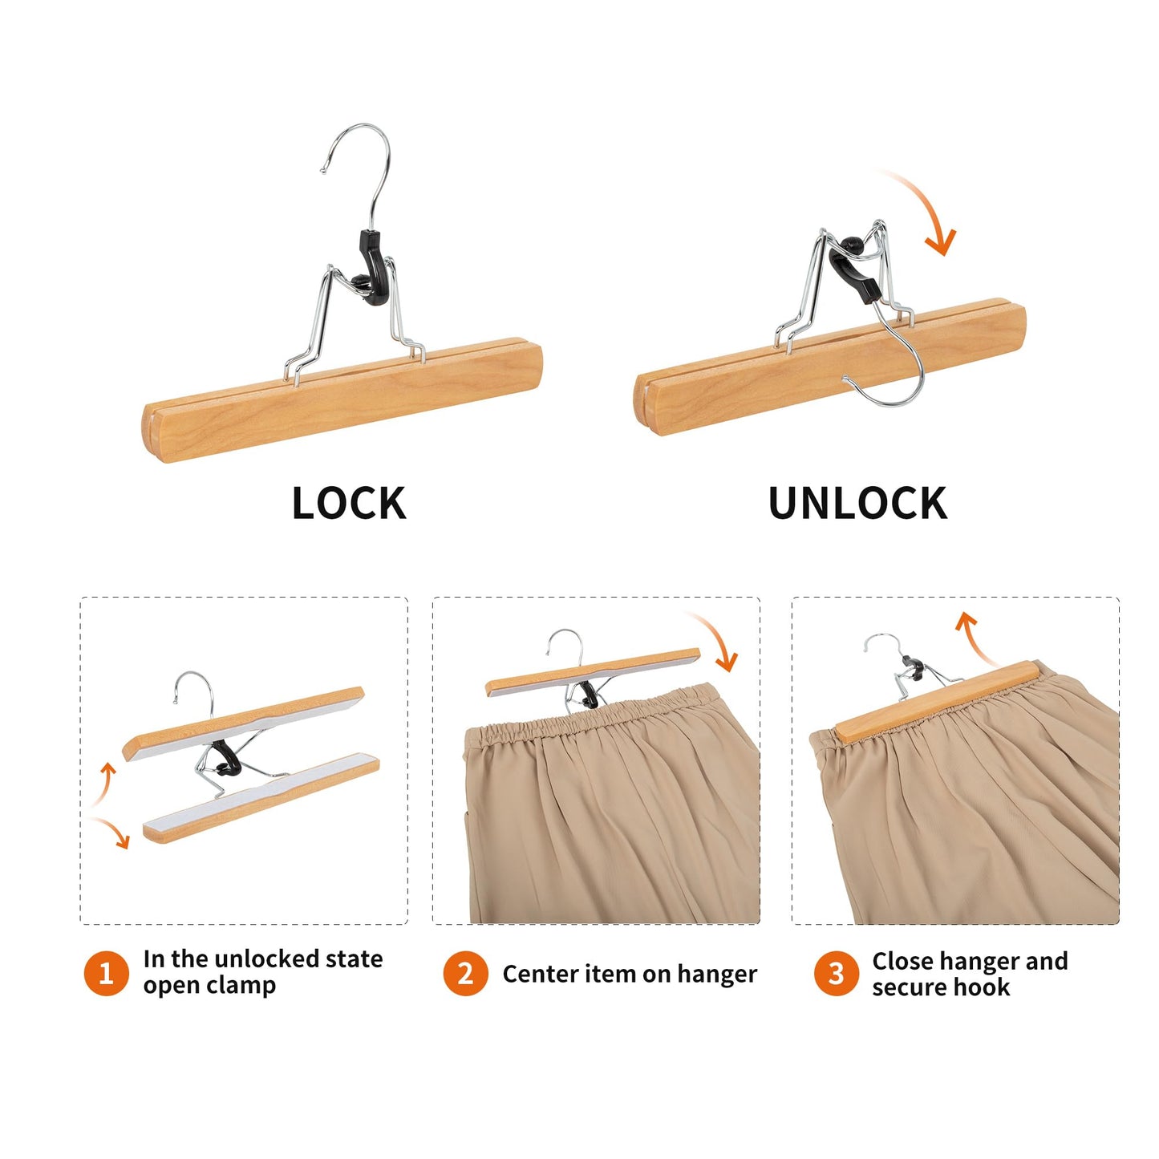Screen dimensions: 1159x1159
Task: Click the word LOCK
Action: pos(349,504)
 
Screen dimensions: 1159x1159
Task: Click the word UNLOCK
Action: pos(857,504)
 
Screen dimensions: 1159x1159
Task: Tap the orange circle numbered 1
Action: pos(106,974)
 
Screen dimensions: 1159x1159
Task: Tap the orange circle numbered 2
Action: pos(465,974)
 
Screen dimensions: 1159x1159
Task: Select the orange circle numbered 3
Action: pos(836,974)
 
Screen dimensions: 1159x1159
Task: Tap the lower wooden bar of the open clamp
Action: pos(261,800)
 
